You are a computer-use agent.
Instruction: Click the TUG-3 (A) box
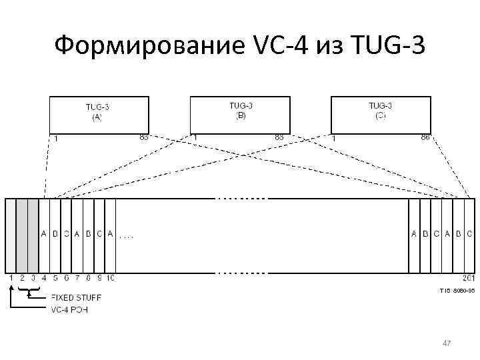(98, 115)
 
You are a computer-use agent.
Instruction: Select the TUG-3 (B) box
(240, 114)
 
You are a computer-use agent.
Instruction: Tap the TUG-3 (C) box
(381, 114)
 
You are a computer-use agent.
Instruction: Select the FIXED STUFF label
(77, 297)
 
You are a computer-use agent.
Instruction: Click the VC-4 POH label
(70, 309)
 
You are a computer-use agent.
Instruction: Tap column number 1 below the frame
(11, 277)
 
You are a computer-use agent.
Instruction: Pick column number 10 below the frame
(111, 277)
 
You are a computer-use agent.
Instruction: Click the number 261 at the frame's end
(467, 277)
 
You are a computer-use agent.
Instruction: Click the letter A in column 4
(44, 234)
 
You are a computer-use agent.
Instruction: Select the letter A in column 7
(77, 234)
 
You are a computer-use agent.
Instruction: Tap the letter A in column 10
(111, 234)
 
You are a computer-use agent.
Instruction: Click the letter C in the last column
(469, 234)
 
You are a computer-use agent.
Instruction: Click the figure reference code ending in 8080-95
(457, 291)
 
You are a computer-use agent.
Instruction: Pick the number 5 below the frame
(55, 277)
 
